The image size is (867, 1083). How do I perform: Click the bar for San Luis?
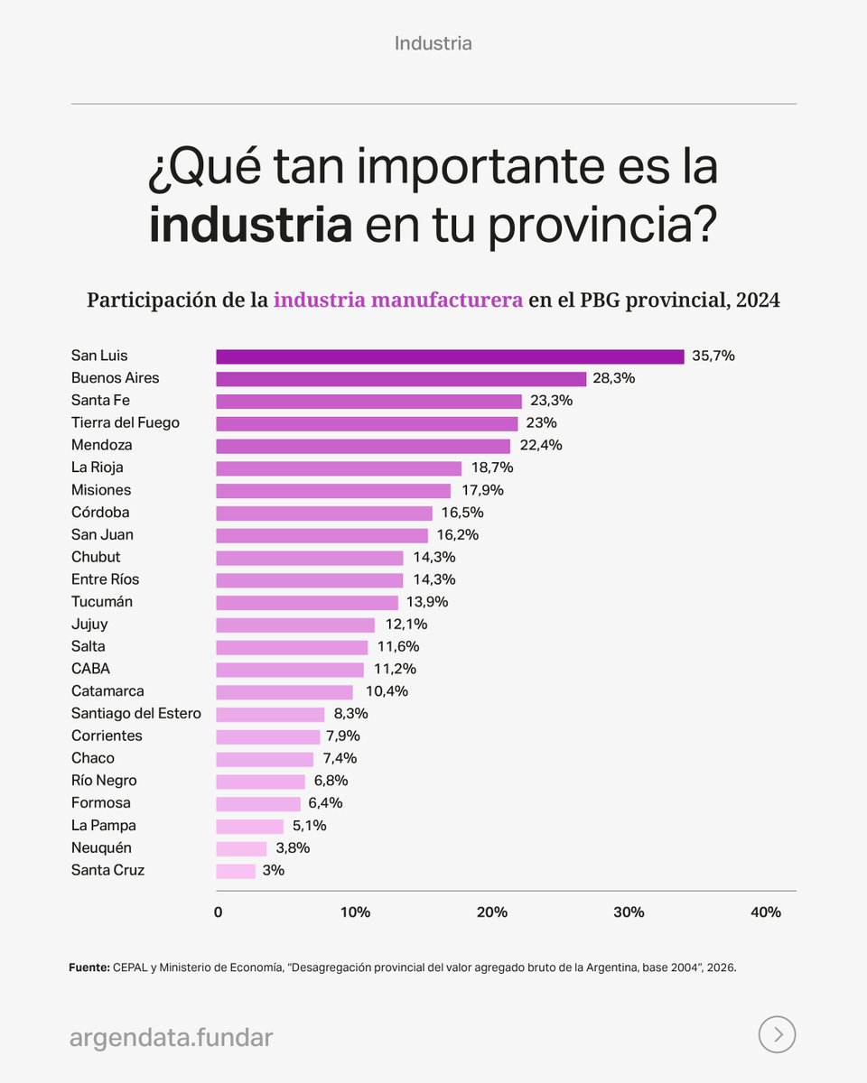pos(450,356)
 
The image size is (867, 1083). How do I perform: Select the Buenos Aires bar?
pos(401,379)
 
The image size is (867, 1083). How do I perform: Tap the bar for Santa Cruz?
pos(236,871)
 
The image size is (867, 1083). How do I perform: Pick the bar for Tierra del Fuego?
pos(367,423)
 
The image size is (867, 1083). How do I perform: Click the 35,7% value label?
pos(713,356)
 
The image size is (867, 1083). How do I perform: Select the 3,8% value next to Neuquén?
pos(293,848)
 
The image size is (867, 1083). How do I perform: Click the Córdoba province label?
pos(100,513)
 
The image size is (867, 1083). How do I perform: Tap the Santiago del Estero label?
pos(136,714)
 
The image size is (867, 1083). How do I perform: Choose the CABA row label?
pos(91,669)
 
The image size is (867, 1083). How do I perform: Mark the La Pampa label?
pos(104,826)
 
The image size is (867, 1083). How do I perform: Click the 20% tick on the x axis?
pos(492,912)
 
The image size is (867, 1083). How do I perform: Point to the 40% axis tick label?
pos(766,912)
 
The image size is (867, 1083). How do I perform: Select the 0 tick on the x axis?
pos(218,912)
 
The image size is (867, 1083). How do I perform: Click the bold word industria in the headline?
pos(250,225)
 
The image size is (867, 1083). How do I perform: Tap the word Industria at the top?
pos(433,43)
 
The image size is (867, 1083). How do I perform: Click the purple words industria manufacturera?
pos(398,301)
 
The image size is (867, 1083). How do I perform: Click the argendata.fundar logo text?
pos(171,1038)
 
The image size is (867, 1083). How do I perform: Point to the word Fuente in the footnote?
pos(89,967)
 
